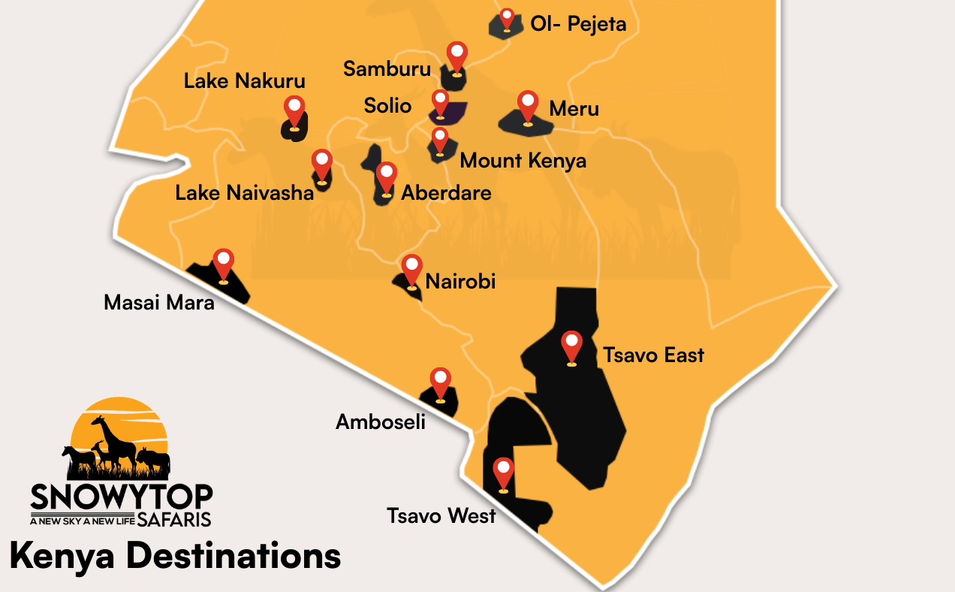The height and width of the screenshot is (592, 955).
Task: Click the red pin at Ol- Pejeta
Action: (x=507, y=17)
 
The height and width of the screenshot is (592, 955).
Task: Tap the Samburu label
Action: (x=387, y=69)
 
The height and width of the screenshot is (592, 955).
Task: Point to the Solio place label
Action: (x=387, y=105)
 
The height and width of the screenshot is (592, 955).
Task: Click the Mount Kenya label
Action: (x=523, y=161)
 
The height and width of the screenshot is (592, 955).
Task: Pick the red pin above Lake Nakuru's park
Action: (x=294, y=111)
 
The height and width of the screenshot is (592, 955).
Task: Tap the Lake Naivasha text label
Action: (x=244, y=193)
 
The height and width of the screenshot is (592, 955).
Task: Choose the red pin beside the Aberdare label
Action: (x=386, y=177)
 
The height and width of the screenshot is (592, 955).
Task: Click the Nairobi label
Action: (x=460, y=282)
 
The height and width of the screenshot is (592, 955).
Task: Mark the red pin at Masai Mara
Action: (x=223, y=264)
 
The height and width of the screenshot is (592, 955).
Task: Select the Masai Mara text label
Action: (x=159, y=303)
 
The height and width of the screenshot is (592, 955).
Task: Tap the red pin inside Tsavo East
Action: (x=571, y=346)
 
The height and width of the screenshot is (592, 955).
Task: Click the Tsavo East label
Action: (x=653, y=355)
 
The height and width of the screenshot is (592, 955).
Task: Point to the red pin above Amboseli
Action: (x=440, y=382)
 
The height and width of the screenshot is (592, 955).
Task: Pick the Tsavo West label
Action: (x=441, y=516)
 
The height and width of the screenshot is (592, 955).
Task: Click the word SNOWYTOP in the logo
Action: (x=122, y=497)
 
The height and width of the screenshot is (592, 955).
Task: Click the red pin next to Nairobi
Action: (x=411, y=270)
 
